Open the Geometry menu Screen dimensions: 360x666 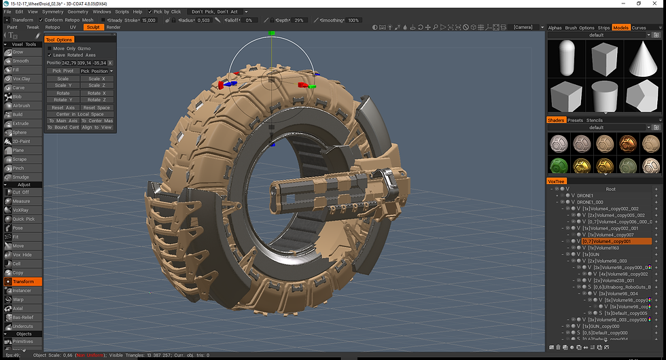[x=77, y=12]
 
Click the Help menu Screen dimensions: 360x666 [x=138, y=12]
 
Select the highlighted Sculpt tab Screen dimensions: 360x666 [x=93, y=27]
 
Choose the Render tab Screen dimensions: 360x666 [x=113, y=27]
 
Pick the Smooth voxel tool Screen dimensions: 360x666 [x=20, y=61]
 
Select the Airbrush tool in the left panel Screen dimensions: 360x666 [x=21, y=105]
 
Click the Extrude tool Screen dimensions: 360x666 [x=21, y=124]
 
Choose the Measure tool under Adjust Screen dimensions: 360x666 [x=21, y=201]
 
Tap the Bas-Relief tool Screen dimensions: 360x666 [x=23, y=317]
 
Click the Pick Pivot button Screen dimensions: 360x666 [x=63, y=71]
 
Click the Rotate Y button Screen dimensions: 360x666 [x=63, y=100]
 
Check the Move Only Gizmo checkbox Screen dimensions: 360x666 [x=50, y=48]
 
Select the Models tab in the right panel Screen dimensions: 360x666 [x=620, y=28]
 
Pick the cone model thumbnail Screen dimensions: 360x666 [x=642, y=58]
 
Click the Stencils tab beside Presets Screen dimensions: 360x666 [x=595, y=120]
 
